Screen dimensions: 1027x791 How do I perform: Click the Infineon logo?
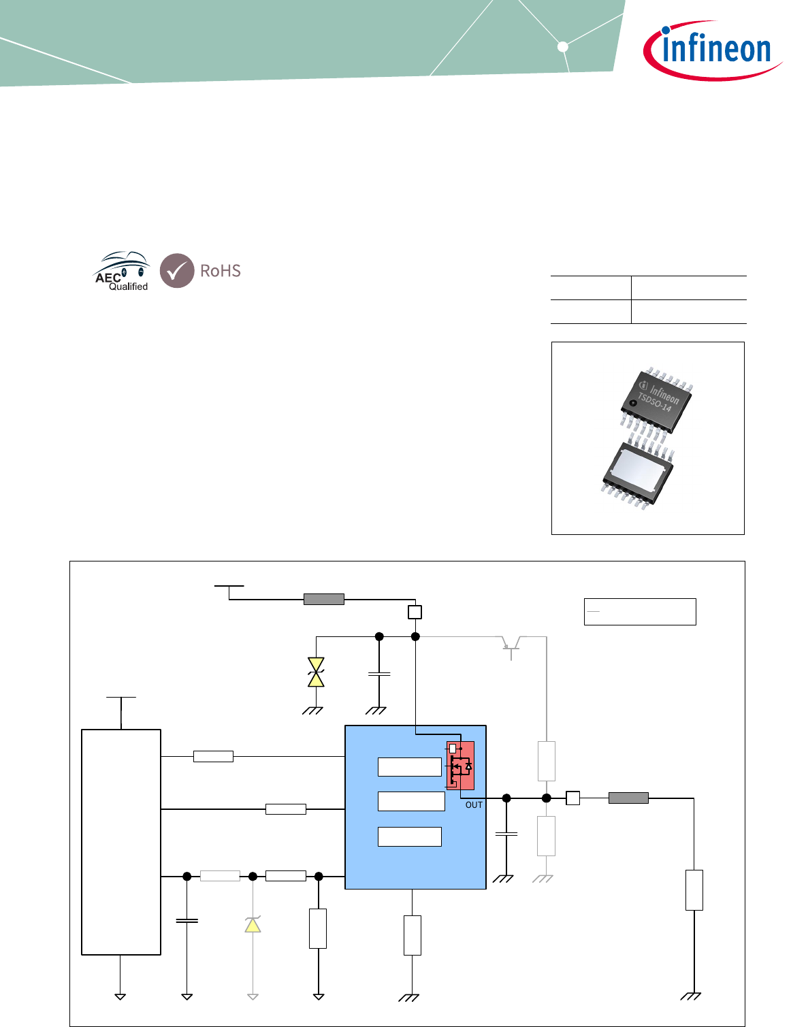[711, 50]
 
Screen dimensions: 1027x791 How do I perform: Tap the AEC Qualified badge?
[123, 272]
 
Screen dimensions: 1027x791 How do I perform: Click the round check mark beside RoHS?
[177, 271]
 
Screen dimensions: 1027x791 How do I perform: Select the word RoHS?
[221, 271]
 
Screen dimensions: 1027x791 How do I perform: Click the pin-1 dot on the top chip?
[633, 403]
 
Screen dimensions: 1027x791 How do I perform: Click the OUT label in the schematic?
[474, 805]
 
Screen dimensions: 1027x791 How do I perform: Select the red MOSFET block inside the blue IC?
[460, 765]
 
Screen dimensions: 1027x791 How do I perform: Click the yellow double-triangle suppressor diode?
[316, 672]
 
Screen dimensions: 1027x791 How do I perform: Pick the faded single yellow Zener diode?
[253, 924]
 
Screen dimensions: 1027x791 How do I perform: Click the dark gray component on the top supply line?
[323, 599]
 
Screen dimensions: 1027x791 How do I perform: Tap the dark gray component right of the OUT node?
[628, 798]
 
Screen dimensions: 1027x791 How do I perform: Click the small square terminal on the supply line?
[415, 612]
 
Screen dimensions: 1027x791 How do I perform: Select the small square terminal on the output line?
[572, 798]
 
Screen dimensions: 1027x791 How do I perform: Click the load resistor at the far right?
[694, 890]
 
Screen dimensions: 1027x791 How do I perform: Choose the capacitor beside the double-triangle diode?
[379, 674]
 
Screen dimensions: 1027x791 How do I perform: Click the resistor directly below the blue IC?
[412, 935]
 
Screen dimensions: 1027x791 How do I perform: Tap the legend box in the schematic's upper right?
[640, 611]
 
